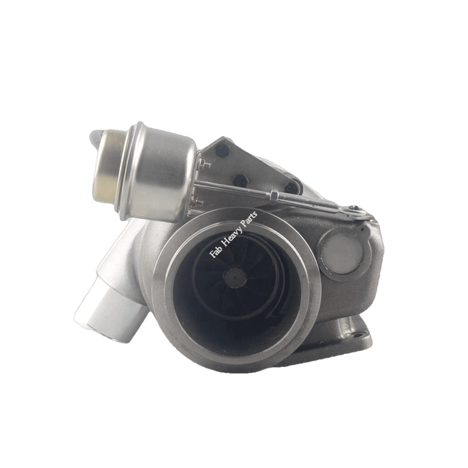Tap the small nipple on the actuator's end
click(x=96, y=136)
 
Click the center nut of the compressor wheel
click(x=235, y=276)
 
